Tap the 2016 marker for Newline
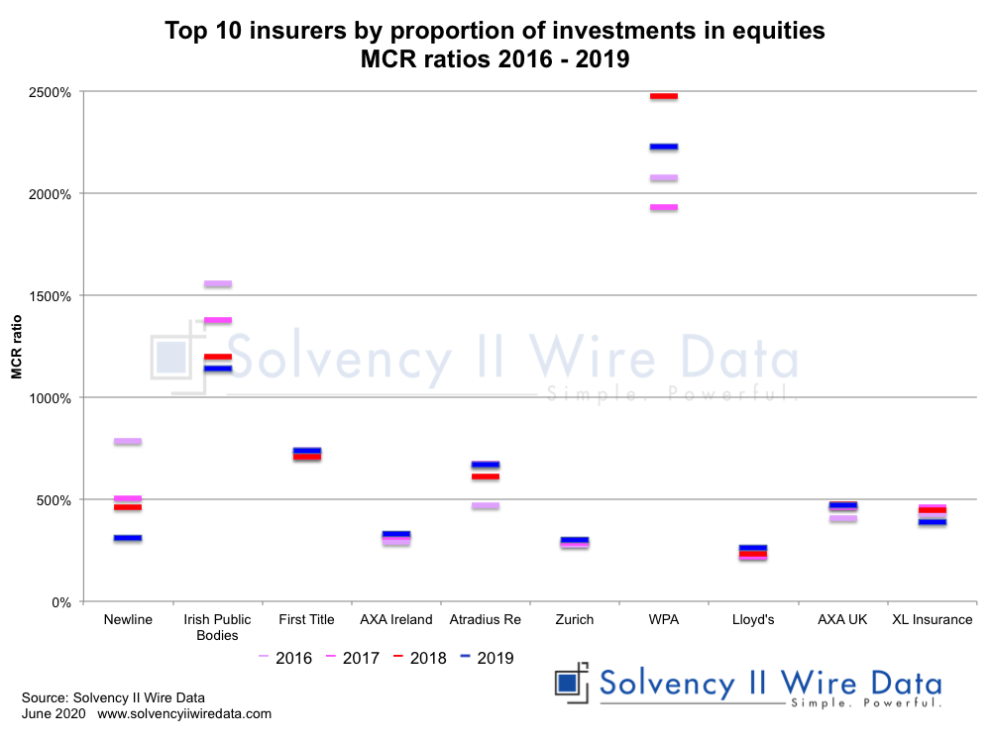click(x=128, y=441)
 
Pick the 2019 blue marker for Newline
click(x=128, y=538)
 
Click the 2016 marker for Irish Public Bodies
click(x=217, y=284)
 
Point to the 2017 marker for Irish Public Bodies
click(x=217, y=320)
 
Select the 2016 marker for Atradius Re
click(x=485, y=506)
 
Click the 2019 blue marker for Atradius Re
click(x=485, y=465)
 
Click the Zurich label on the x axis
click(x=574, y=620)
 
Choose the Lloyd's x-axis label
click(x=752, y=620)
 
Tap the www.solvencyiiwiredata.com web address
click(x=184, y=713)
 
